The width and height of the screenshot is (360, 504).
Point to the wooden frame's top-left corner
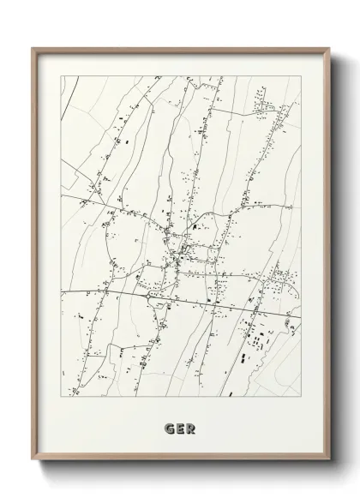pyautogui.click(x=33, y=48)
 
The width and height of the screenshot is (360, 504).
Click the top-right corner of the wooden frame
pyautogui.click(x=327, y=48)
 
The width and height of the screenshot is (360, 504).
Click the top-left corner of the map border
pyautogui.click(x=61, y=76)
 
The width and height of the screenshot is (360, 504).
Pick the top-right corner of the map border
pyautogui.click(x=302, y=76)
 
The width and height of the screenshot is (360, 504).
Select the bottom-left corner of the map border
pyautogui.click(x=61, y=397)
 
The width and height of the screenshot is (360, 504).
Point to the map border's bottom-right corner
pyautogui.click(x=302, y=397)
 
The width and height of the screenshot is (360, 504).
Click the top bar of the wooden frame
pyautogui.click(x=180, y=50)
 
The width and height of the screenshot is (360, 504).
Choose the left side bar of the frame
pyautogui.click(x=34, y=257)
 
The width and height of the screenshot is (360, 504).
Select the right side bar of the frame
pyautogui.click(x=326, y=257)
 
